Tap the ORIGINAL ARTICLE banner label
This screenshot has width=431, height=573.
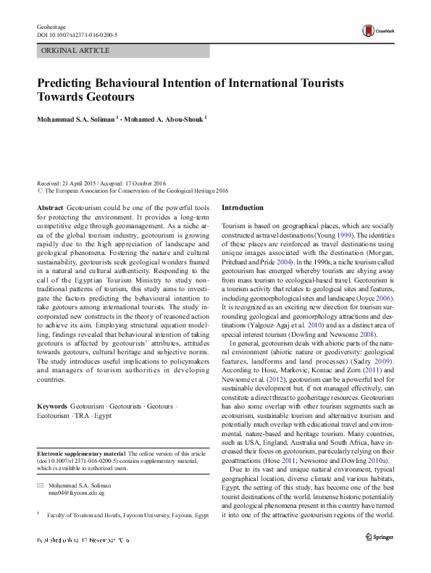pyautogui.click(x=76, y=51)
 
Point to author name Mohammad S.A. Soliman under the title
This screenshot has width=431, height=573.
pyautogui.click(x=77, y=119)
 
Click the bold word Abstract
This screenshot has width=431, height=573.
pyautogui.click(x=50, y=207)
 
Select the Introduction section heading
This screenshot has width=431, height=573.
pyautogui.click(x=243, y=208)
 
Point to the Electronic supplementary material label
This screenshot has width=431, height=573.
pyautogui.click(x=80, y=453)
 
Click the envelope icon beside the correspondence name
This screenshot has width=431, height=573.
pyautogui.click(x=41, y=484)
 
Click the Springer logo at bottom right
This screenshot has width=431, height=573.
pyautogui.click(x=380, y=537)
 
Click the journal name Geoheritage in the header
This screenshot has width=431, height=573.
pyautogui.click(x=51, y=26)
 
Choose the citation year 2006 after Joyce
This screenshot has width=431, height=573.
pyautogui.click(x=386, y=296)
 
